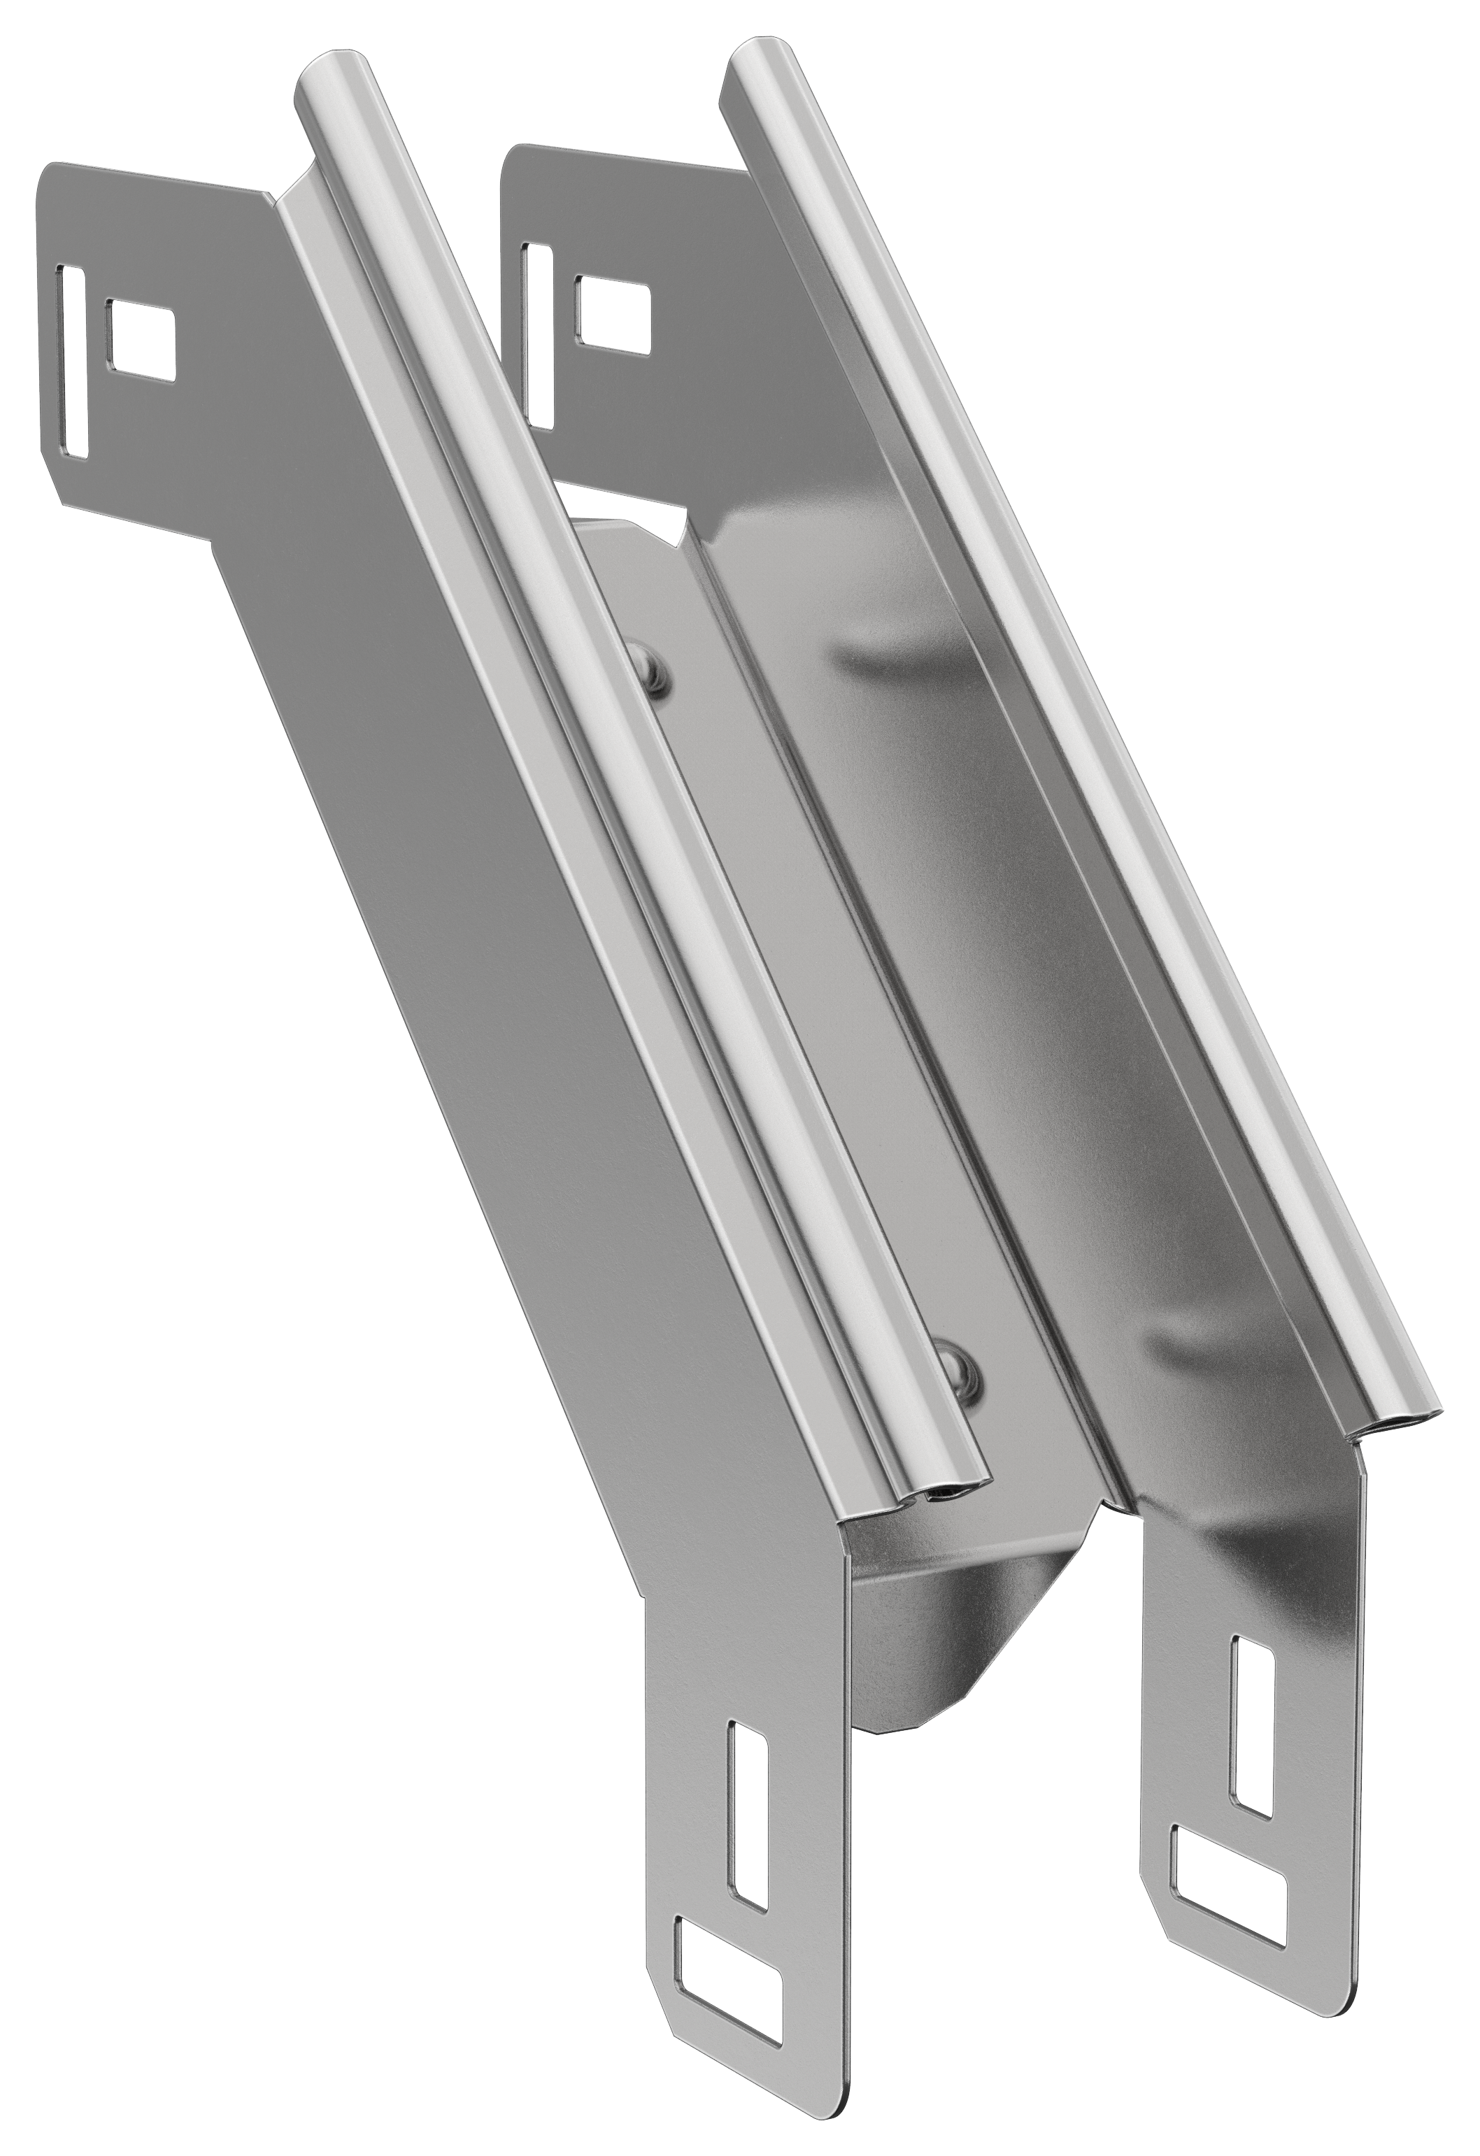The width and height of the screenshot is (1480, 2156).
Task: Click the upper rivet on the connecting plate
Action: [657, 667]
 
